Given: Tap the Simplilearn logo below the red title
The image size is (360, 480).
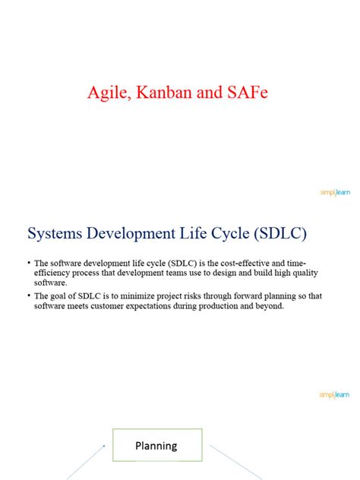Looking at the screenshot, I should click(334, 193).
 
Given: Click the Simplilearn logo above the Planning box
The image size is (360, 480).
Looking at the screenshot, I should click(334, 394).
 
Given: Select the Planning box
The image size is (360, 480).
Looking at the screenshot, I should click(157, 445).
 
